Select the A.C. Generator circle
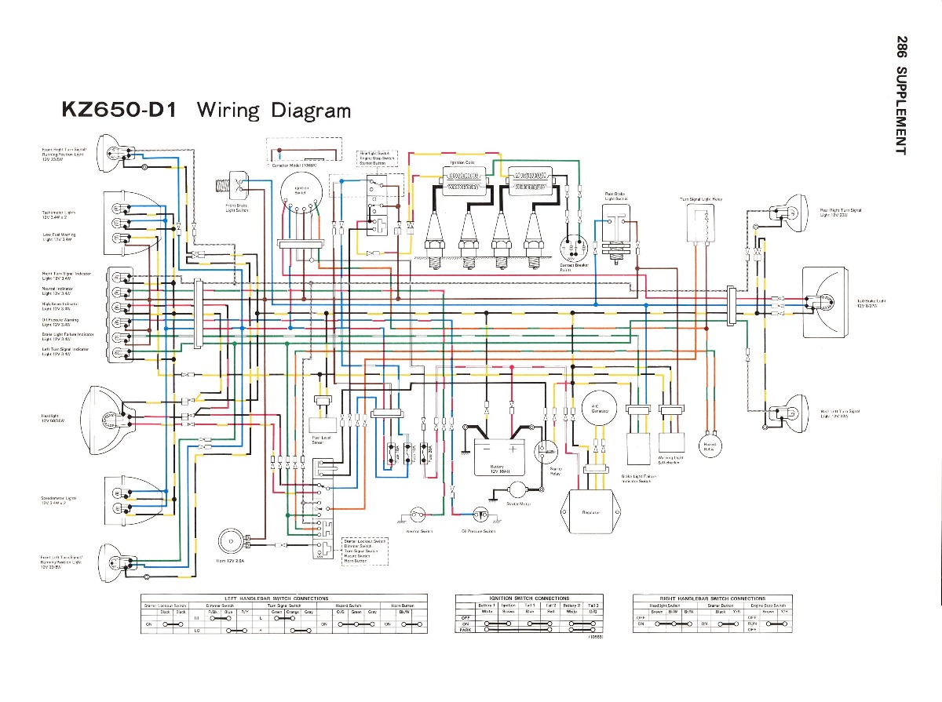point(601,409)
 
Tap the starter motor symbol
point(517,489)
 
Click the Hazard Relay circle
point(710,446)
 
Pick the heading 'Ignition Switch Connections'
point(530,598)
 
